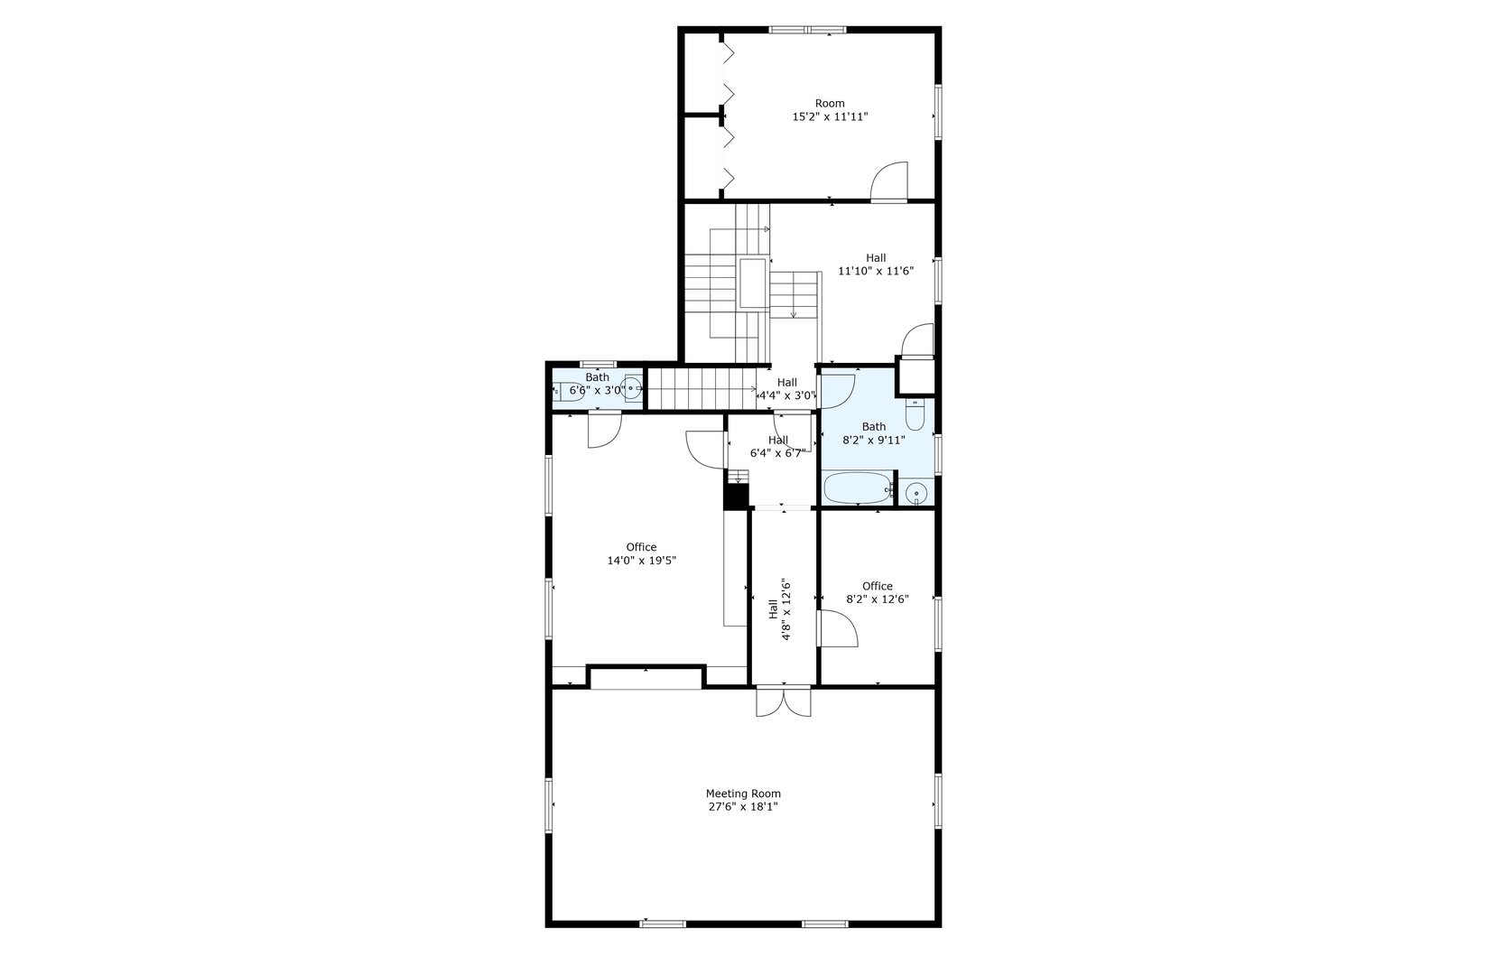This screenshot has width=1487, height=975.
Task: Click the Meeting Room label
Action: tap(743, 794)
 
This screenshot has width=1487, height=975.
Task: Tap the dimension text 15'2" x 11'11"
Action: tap(830, 117)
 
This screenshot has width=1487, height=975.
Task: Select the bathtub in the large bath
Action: tap(857, 488)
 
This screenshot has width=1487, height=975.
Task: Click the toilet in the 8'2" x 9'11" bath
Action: tap(915, 416)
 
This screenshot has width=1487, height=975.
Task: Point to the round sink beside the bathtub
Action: tap(916, 494)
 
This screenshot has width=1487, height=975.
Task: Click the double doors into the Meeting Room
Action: tap(784, 701)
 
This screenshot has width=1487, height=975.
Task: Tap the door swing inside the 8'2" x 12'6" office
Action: tap(837, 628)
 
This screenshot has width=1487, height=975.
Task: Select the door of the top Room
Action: tap(888, 181)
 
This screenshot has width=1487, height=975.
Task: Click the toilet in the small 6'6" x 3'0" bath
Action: tap(570, 391)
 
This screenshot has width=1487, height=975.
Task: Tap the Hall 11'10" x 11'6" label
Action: tap(875, 265)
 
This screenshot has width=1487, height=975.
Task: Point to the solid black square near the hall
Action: tap(737, 497)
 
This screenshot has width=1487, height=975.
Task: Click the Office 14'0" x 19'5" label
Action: tap(641, 553)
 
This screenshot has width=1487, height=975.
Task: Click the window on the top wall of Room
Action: tap(807, 30)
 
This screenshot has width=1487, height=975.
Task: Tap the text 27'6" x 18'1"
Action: tap(743, 807)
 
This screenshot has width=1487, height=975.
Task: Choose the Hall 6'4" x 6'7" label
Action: tap(777, 447)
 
